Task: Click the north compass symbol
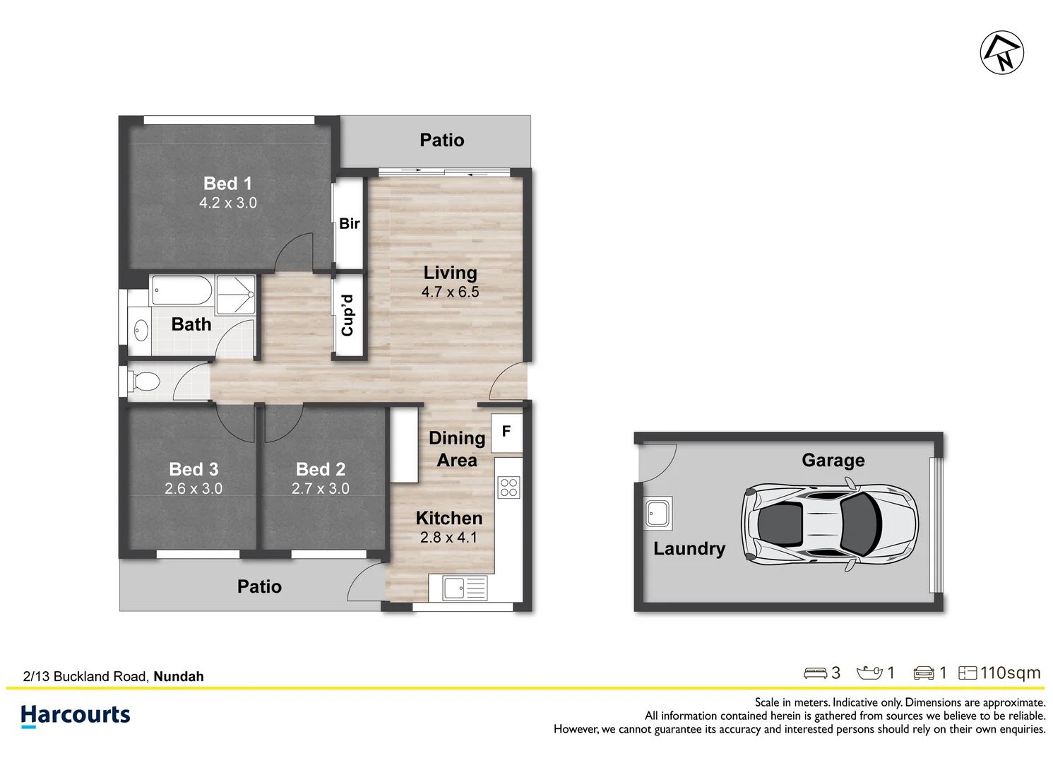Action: [1001, 53]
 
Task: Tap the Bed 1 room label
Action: [227, 184]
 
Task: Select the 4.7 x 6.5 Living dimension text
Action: [450, 292]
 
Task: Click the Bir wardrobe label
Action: [350, 223]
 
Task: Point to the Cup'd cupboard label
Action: [347, 316]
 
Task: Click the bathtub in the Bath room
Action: [182, 290]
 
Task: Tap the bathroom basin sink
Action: [141, 330]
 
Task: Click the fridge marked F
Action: [507, 432]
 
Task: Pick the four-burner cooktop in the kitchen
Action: [508, 487]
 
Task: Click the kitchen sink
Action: [465, 588]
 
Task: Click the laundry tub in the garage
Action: [658, 514]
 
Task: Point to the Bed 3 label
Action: [194, 469]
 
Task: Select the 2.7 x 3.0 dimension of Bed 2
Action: [320, 488]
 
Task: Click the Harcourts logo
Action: [75, 716]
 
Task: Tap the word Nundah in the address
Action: [179, 677]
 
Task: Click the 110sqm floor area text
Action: [1010, 673]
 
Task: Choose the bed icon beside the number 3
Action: [815, 673]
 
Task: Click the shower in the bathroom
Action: [235, 295]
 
